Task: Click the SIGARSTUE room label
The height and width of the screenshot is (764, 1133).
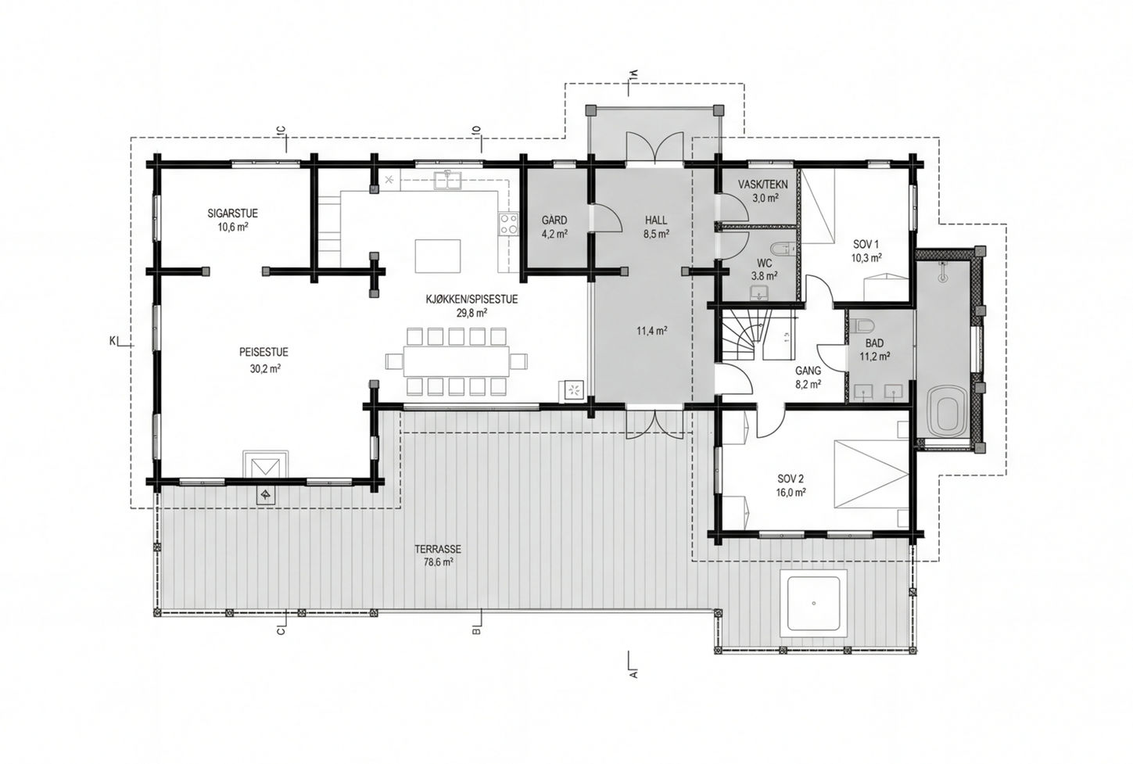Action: point(233,213)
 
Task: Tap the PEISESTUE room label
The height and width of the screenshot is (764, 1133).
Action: point(264,352)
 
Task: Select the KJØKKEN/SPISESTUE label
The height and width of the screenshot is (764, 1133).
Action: point(472,300)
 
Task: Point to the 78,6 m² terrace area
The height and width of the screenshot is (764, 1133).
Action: point(438,561)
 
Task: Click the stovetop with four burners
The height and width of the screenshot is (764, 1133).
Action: point(509,224)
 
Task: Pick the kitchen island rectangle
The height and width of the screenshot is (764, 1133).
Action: point(438,256)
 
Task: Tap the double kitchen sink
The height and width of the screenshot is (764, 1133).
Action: point(447,180)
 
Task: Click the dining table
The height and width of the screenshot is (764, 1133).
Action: point(456,361)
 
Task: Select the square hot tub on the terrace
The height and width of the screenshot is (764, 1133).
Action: point(813,604)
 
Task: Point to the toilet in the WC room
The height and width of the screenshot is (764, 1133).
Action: point(782,249)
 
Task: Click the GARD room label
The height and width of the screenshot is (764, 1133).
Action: point(554,221)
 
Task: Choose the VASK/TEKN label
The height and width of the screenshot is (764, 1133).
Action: point(762,185)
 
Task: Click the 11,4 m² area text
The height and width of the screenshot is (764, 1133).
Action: point(651,332)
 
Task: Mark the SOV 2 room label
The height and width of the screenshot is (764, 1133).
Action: point(791,479)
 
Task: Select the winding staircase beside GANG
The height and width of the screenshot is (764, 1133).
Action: point(744,335)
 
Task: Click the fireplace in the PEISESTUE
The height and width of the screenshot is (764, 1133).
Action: point(266,464)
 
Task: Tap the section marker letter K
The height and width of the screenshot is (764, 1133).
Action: point(113,341)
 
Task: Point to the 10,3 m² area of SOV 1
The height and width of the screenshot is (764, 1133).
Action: point(866,257)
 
